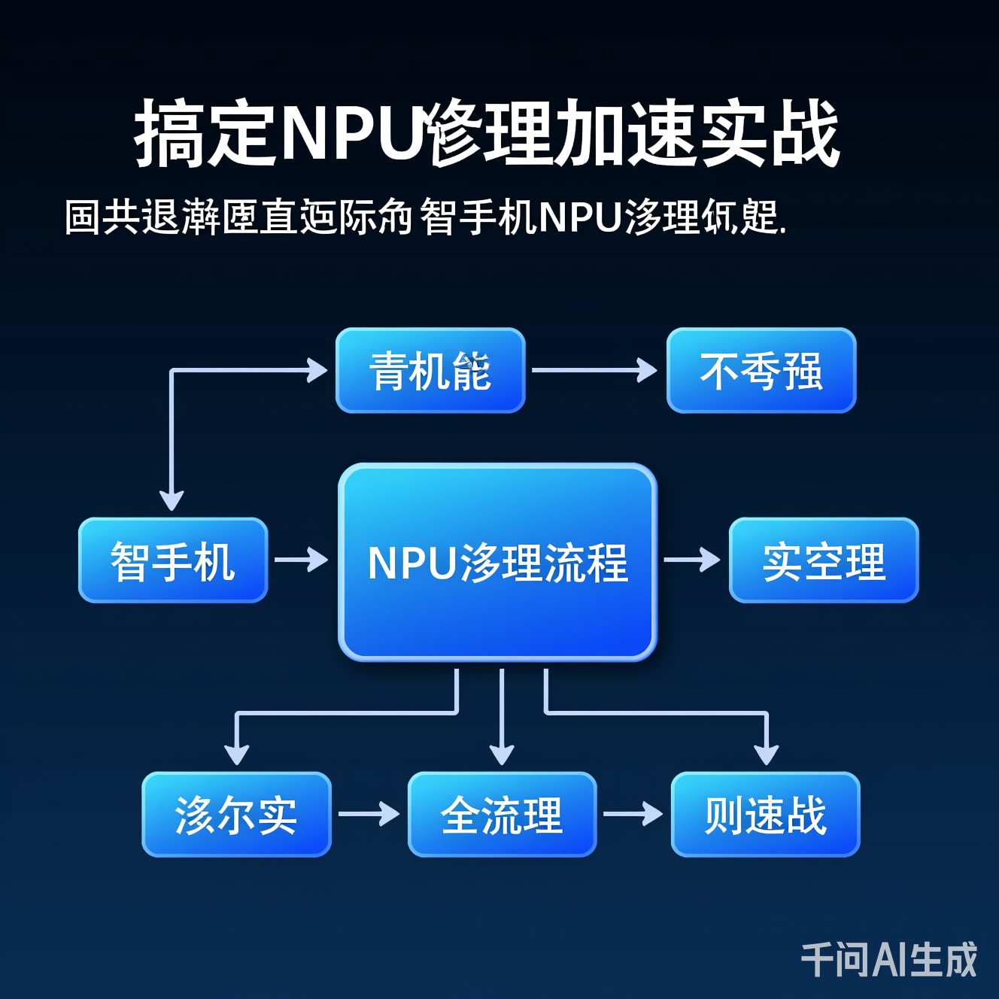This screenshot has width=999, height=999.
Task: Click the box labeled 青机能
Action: (430, 371)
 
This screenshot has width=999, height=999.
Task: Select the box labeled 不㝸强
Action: (761, 371)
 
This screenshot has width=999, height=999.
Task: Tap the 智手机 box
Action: (173, 560)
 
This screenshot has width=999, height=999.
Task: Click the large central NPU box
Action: (497, 563)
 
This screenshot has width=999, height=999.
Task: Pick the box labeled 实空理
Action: (824, 560)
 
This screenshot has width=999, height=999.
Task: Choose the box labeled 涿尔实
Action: (236, 815)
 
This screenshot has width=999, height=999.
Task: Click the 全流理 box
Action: (502, 815)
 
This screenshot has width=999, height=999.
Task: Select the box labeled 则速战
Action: (765, 815)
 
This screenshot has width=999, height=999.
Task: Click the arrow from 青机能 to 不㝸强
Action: (594, 370)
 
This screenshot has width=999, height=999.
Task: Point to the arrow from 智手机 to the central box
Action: (302, 560)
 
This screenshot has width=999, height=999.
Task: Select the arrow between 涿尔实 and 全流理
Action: (369, 814)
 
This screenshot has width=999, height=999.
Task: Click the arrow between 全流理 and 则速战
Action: (633, 814)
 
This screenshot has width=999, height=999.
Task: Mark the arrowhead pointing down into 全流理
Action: (502, 755)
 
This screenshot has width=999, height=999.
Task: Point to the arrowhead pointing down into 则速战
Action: (766, 755)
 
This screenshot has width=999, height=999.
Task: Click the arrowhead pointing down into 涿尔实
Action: (237, 755)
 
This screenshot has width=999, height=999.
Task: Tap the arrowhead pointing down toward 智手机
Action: (172, 500)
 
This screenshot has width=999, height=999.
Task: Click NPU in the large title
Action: (350, 134)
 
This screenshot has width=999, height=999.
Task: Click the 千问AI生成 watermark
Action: (888, 960)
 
